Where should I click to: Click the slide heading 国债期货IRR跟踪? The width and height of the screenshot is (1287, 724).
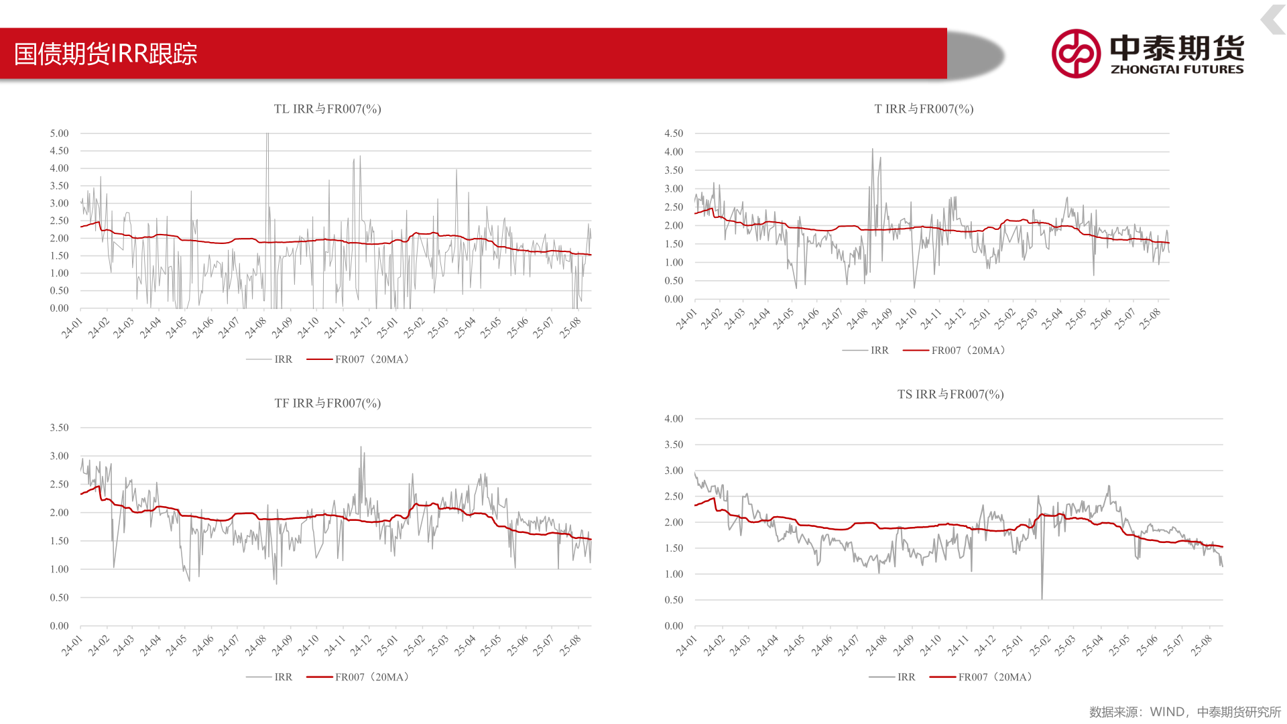(106, 54)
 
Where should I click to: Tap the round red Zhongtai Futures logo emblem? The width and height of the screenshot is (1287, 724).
(1076, 54)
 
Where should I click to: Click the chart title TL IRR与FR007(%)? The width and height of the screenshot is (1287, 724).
(327, 109)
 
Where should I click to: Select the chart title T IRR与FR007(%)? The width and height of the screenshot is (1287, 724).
(924, 109)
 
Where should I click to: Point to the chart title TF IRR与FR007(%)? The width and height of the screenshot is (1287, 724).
(327, 403)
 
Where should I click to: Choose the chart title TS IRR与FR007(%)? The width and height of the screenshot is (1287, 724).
(951, 394)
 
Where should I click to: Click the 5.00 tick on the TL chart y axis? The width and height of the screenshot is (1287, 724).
(59, 133)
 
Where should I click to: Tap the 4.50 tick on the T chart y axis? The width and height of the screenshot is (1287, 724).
(674, 133)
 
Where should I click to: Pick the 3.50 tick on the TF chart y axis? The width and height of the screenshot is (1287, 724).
(59, 428)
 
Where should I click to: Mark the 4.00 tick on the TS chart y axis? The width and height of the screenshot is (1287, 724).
(674, 419)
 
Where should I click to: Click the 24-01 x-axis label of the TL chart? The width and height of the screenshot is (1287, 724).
(72, 327)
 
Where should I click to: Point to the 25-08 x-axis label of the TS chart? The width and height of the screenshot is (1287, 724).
(1201, 645)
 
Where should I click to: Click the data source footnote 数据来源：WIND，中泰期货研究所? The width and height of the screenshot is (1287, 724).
(1184, 712)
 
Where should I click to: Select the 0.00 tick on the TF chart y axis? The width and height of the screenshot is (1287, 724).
(59, 626)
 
